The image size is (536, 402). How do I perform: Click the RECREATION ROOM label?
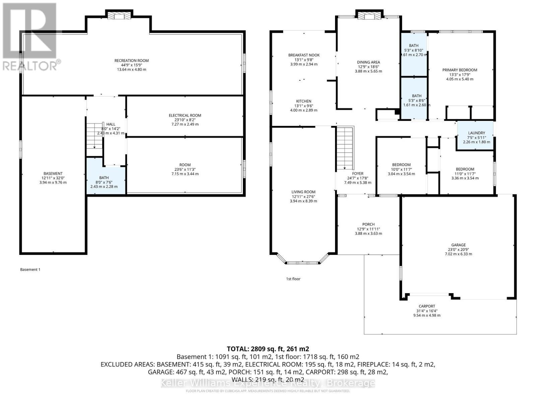pos(131,61)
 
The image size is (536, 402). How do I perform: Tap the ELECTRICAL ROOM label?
pos(185,115)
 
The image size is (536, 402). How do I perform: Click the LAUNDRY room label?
pos(476,133)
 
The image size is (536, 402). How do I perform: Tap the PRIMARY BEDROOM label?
pos(460,70)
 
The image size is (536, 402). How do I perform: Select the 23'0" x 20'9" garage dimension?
pos(458,250)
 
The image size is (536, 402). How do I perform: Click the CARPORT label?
pos(427,306)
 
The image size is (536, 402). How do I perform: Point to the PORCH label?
pos(368,224)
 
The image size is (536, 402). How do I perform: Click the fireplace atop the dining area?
pos(368,16)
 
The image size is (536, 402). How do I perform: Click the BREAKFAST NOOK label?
pos(304,55)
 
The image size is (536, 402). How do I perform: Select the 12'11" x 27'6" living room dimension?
pos(303,197)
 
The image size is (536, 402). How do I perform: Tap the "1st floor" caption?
pos(293,279)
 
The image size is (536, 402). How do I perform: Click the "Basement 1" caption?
pos(30,269)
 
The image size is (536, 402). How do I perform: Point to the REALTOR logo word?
pos(29,65)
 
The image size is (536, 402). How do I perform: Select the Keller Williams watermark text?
pos(268,383)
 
